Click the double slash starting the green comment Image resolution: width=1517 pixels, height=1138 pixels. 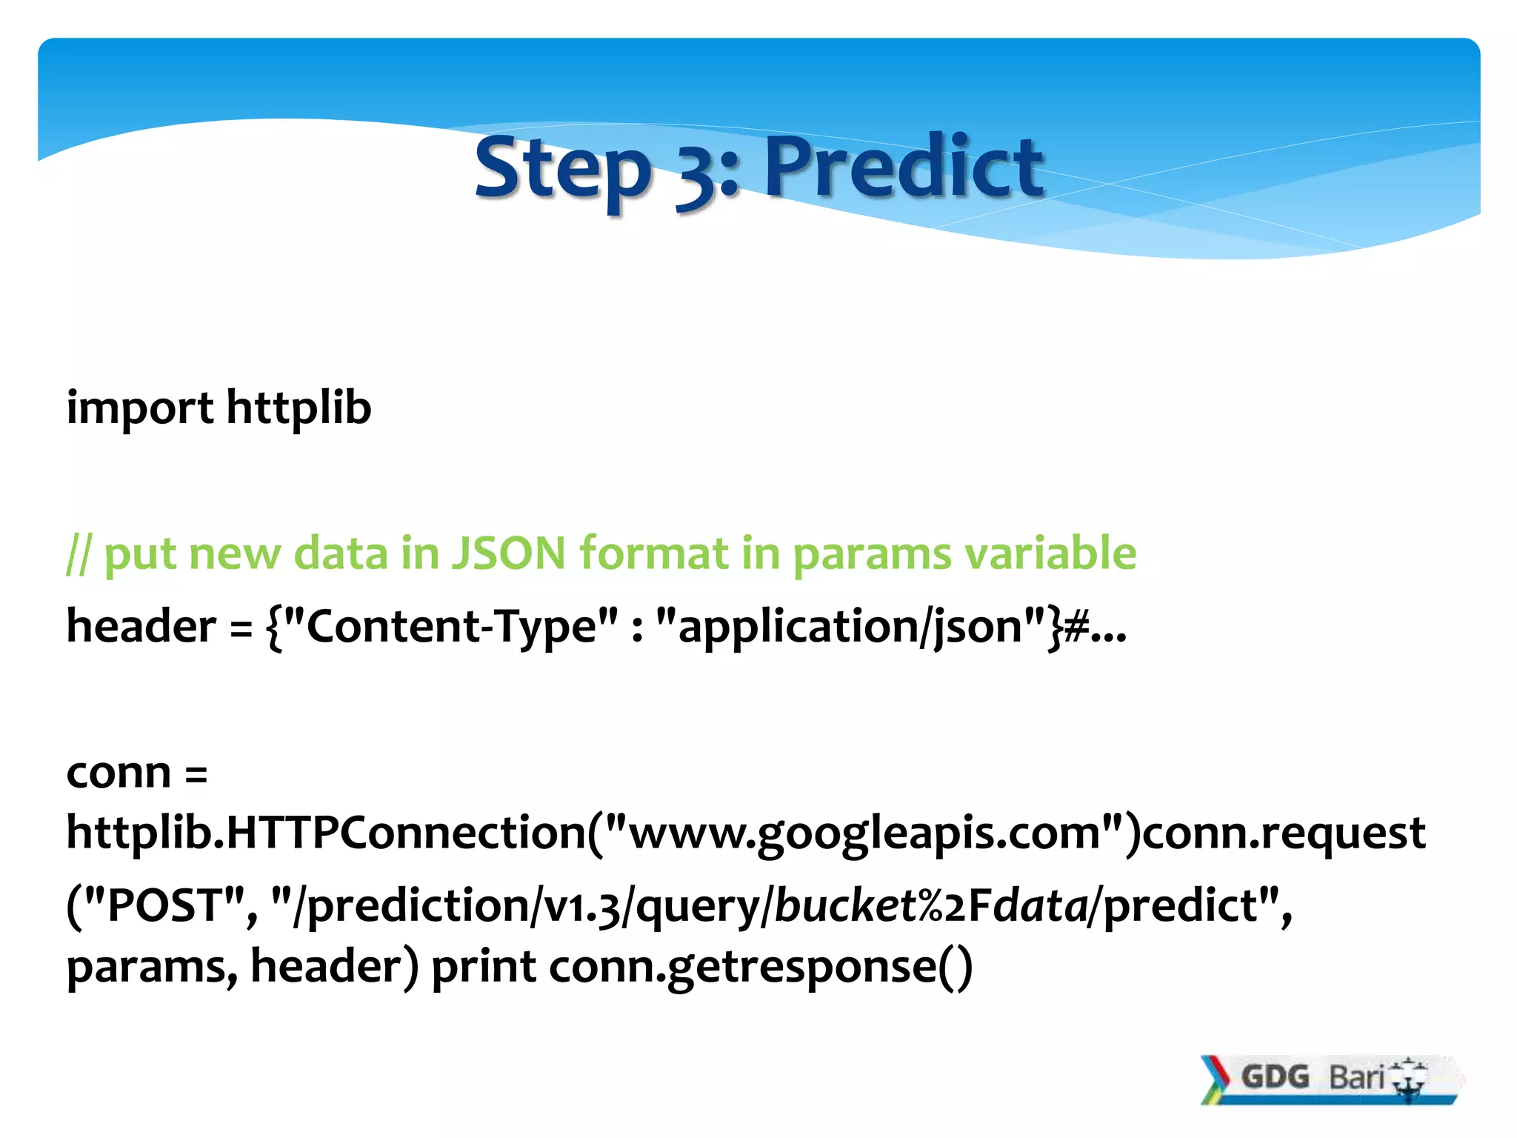[78, 554]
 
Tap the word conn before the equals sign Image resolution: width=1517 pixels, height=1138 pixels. [119, 772]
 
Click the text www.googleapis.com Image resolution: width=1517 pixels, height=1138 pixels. [864, 833]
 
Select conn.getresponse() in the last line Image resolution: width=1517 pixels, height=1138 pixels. [760, 966]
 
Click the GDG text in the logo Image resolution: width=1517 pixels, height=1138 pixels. [1275, 1077]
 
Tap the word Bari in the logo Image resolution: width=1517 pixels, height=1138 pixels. [1356, 1077]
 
